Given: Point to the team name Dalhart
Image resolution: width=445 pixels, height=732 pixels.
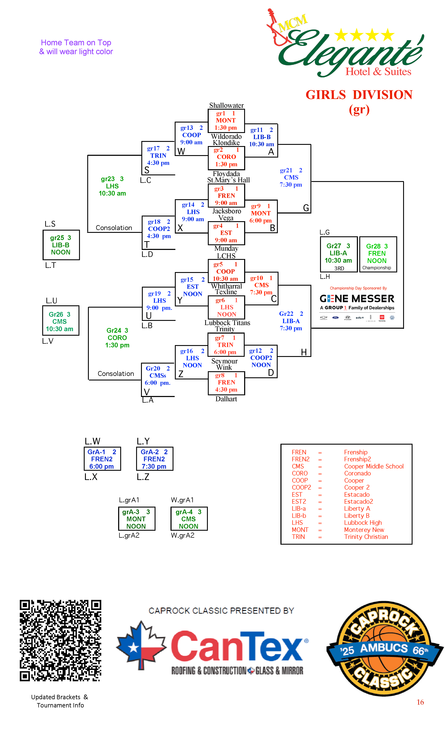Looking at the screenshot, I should pos(226,399).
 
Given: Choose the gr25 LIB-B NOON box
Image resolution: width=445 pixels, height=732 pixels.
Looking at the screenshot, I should pos(61,245).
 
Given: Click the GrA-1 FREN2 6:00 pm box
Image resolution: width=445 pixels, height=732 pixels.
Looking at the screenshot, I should pos(102,459).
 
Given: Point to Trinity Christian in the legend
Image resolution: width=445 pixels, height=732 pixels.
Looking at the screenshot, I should pos(366,537).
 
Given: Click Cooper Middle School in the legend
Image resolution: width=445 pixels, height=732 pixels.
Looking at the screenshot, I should pos(374,466).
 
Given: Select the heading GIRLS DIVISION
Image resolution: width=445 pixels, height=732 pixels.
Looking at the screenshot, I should pos(359,95).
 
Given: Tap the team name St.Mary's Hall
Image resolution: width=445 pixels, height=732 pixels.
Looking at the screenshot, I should pos(228,180).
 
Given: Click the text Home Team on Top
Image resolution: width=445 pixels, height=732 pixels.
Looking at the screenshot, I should pos(76,43).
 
